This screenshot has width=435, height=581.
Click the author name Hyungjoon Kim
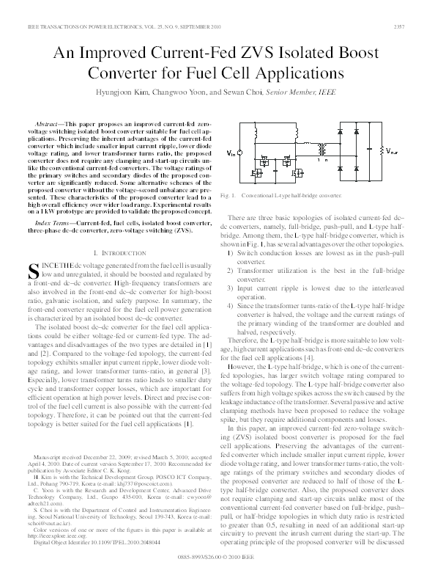pos(137,93)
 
